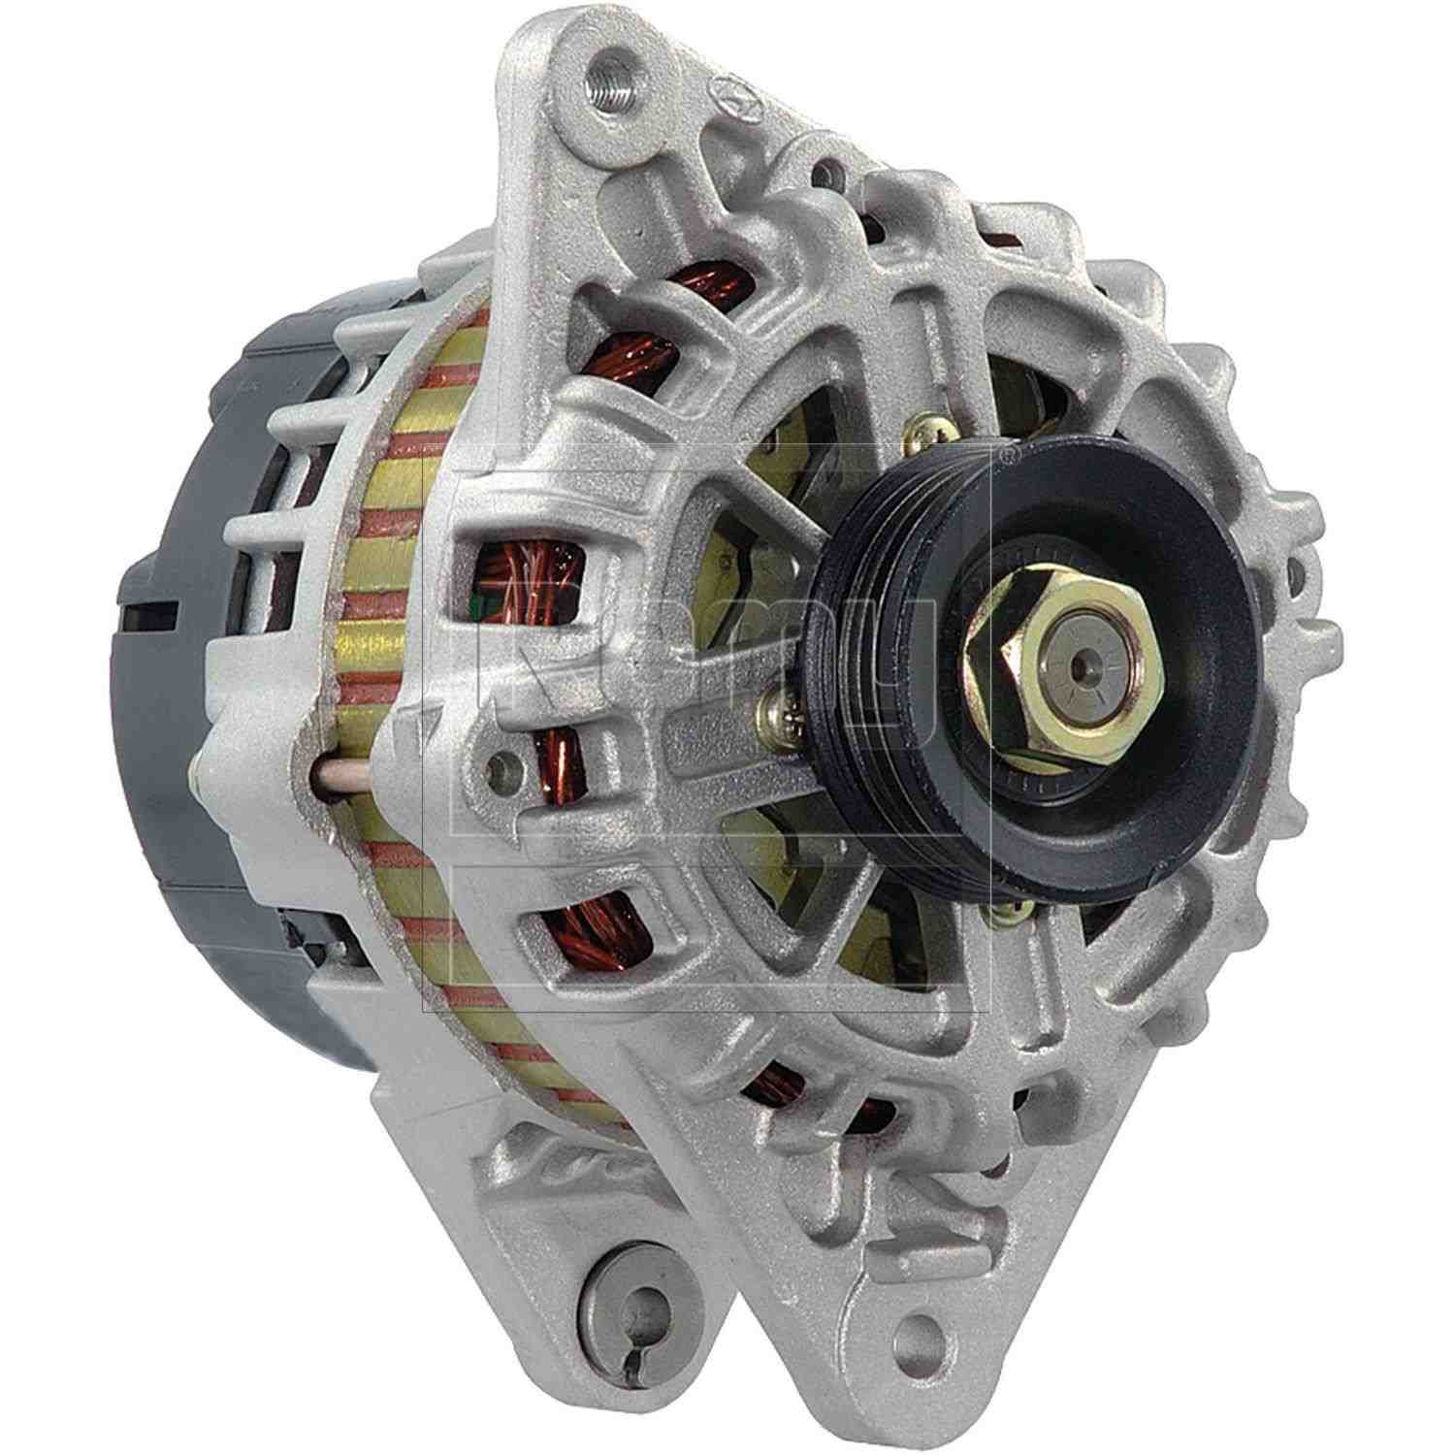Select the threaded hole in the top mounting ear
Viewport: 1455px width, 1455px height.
click(605, 72)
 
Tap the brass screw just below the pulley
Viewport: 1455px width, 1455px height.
click(1008, 909)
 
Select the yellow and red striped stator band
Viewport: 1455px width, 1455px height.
click(388, 679)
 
